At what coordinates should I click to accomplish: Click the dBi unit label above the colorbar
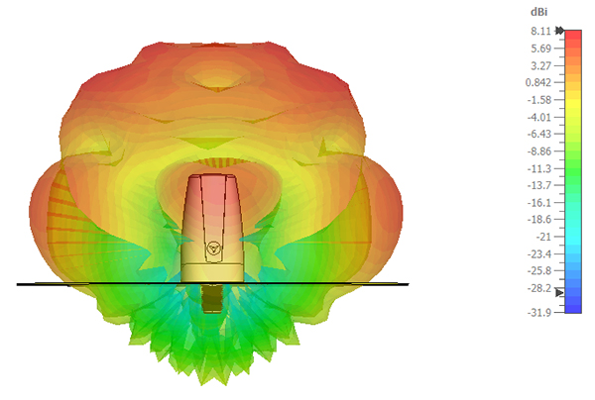coord(538,12)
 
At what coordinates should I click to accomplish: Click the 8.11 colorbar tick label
coord(540,31)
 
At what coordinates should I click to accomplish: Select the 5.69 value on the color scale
coord(540,49)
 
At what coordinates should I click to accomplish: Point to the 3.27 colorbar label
coord(540,66)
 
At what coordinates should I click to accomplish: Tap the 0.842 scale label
coord(538,82)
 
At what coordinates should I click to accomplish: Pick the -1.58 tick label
coord(539,100)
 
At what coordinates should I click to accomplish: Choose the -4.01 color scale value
coord(539,117)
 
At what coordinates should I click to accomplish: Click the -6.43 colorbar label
coord(539,134)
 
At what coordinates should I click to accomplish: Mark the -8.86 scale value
coord(539,151)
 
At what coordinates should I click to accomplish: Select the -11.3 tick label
coord(539,168)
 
